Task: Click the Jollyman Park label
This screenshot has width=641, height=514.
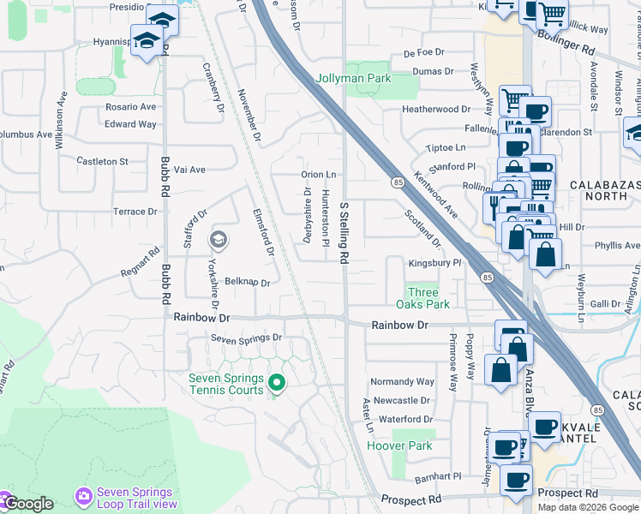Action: point(354,79)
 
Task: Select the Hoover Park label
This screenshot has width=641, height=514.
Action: point(399,445)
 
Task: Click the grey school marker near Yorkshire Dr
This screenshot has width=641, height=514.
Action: point(219,240)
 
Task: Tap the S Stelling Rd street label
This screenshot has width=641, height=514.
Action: point(344,232)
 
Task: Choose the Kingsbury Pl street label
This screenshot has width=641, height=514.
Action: point(434,263)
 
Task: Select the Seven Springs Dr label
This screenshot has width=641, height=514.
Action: point(247,338)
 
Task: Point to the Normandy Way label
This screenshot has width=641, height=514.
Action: point(402,381)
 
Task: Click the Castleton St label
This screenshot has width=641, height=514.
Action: point(102,161)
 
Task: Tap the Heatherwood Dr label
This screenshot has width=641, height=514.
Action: point(436,110)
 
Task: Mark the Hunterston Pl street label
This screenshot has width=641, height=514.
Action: point(326,218)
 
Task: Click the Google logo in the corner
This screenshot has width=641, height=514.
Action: point(27,504)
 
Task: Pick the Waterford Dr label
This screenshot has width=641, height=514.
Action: point(405,419)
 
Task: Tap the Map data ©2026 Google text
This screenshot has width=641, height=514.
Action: point(587,507)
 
